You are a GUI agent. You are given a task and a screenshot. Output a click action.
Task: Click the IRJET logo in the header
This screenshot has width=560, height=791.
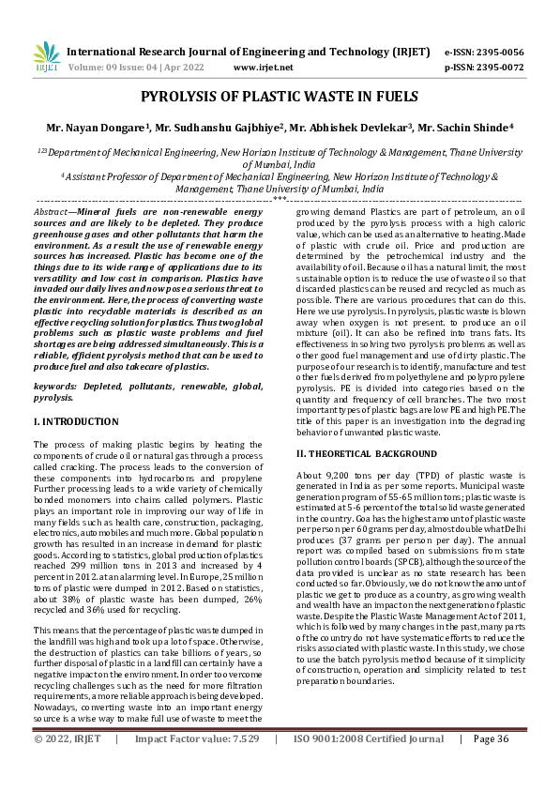45,57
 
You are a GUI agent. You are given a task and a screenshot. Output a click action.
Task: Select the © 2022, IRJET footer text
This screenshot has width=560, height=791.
68,767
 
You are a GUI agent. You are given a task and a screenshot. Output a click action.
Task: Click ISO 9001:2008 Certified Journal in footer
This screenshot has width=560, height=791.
369,767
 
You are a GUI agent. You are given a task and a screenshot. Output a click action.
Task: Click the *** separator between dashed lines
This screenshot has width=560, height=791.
279,199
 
